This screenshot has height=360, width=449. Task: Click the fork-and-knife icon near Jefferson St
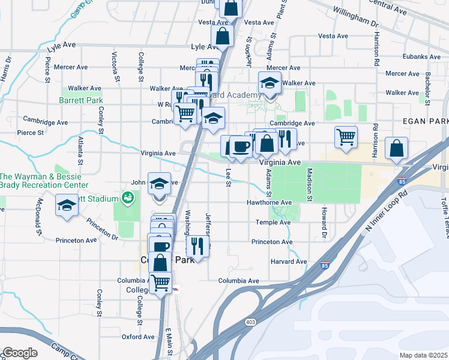[x=197, y=245]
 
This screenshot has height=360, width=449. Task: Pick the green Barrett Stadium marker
[x=127, y=197]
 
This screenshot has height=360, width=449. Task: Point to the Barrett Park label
[x=80, y=100]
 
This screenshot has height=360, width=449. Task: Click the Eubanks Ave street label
[x=423, y=57]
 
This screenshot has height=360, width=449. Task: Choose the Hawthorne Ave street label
[x=270, y=203]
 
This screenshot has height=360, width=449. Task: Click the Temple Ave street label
[x=273, y=222]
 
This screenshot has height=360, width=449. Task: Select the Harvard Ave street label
[x=289, y=262]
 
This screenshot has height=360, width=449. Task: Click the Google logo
[x=20, y=353]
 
